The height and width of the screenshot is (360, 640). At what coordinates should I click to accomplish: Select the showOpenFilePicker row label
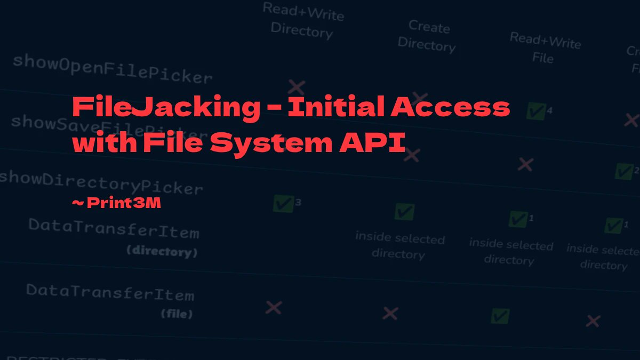[x=112, y=69]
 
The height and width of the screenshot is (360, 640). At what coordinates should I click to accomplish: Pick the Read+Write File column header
[x=545, y=48]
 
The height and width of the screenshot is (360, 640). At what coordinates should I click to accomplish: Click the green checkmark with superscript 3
[x=284, y=203]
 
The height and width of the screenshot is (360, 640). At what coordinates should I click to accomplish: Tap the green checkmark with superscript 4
[x=536, y=111]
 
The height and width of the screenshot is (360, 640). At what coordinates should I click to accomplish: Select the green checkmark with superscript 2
[x=623, y=171]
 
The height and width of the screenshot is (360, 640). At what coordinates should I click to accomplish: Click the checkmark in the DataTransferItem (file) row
[x=500, y=316]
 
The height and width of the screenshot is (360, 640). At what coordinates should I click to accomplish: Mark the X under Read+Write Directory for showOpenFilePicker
[x=297, y=86]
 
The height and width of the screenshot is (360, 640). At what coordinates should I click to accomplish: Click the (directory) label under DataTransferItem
[x=162, y=251]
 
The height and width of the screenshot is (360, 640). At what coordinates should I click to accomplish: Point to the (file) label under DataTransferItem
[x=177, y=314]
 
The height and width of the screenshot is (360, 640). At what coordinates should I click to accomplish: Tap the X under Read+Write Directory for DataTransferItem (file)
[x=274, y=307]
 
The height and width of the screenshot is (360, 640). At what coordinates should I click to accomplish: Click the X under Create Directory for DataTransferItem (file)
[x=390, y=313]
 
